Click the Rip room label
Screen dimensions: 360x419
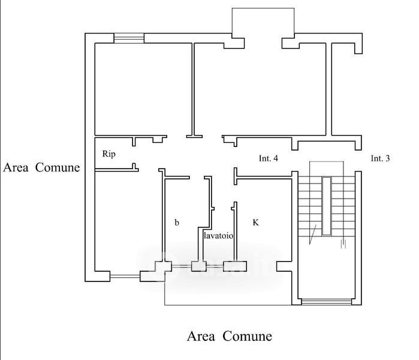(108, 154)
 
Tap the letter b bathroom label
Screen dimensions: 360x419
(177, 223)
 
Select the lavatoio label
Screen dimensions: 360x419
(218, 236)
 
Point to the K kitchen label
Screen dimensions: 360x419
(255, 223)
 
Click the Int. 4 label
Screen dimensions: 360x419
(268, 159)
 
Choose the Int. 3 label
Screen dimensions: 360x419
(380, 159)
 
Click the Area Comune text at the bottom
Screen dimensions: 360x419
(230, 336)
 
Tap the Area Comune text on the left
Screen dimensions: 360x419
(41, 167)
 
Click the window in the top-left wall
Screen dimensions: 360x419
(129, 38)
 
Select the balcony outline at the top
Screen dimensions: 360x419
(263, 21)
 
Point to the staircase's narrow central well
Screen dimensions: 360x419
(326, 205)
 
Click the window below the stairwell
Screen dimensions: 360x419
(326, 301)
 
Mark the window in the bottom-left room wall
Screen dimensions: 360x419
(125, 277)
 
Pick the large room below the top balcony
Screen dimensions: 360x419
(260, 90)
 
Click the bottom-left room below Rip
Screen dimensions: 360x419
(126, 222)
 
